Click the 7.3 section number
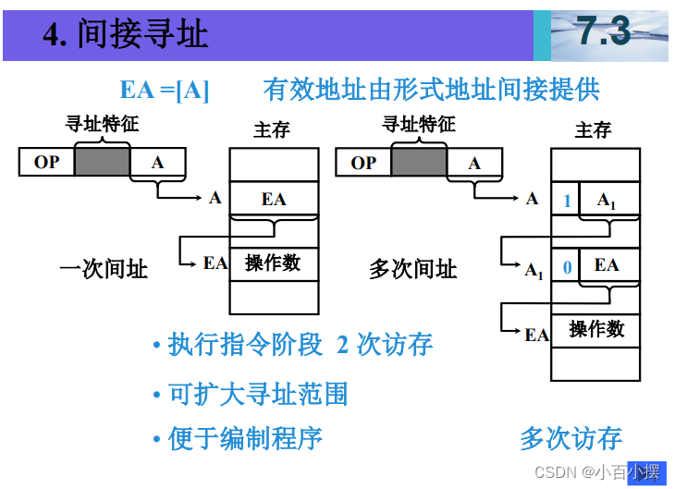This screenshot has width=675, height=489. (604, 32)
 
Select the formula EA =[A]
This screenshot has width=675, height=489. (165, 90)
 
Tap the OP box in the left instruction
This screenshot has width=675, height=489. (46, 163)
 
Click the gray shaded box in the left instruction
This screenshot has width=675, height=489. (102, 163)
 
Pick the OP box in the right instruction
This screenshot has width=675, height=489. (363, 163)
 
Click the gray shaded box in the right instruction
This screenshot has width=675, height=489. (419, 163)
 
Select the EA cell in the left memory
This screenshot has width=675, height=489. (274, 199)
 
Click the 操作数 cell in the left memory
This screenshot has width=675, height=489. (273, 263)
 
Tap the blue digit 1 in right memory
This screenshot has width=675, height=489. (566, 201)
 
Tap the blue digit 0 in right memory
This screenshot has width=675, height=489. (566, 266)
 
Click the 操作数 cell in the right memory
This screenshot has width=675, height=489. (596, 329)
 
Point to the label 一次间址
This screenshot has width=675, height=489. (103, 269)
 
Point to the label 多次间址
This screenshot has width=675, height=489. (413, 269)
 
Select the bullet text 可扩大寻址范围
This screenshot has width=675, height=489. (258, 395)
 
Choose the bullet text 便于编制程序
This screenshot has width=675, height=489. (245, 437)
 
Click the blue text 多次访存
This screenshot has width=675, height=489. (571, 438)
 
